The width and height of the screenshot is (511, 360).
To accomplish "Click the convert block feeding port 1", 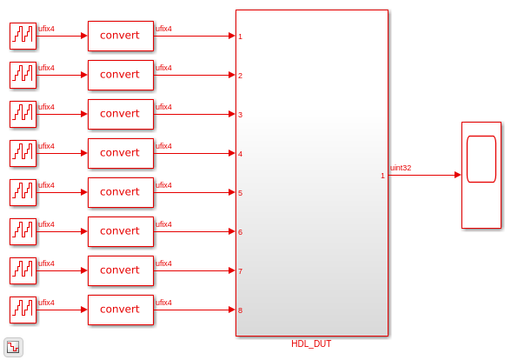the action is point(121,36).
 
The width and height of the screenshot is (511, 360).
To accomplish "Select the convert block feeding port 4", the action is point(121,153).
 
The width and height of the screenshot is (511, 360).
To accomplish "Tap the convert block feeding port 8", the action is point(121,310).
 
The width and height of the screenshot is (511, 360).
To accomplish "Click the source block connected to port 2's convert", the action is point(23,75).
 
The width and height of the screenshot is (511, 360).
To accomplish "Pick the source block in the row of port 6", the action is point(23,231).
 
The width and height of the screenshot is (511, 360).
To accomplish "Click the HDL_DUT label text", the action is point(311,343).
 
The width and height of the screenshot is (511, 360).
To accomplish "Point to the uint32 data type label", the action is point(401,168).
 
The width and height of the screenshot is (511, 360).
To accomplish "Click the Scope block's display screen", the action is point(481,159).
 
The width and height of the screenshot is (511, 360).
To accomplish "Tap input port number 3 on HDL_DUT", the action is point(240,115).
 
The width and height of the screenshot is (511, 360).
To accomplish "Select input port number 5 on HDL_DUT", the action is point(240,193).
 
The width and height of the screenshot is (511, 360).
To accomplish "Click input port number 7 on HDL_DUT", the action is point(240,271).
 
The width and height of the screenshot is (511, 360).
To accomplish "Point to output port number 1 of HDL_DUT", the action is point(382,176).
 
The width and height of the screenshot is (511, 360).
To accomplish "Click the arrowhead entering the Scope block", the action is point(458,175).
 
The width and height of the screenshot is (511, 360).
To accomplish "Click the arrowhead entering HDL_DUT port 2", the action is point(232,75).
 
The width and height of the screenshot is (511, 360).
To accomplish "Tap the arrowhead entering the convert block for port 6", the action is point(84,231).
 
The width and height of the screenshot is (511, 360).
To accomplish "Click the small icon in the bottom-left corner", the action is point(13,347).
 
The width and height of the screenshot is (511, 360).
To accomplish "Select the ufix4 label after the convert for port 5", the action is point(163,185).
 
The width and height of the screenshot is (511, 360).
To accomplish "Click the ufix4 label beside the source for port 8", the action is point(46,303).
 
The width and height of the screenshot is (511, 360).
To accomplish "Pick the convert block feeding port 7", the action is point(121,270).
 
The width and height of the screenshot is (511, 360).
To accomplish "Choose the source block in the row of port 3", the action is point(23,114).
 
